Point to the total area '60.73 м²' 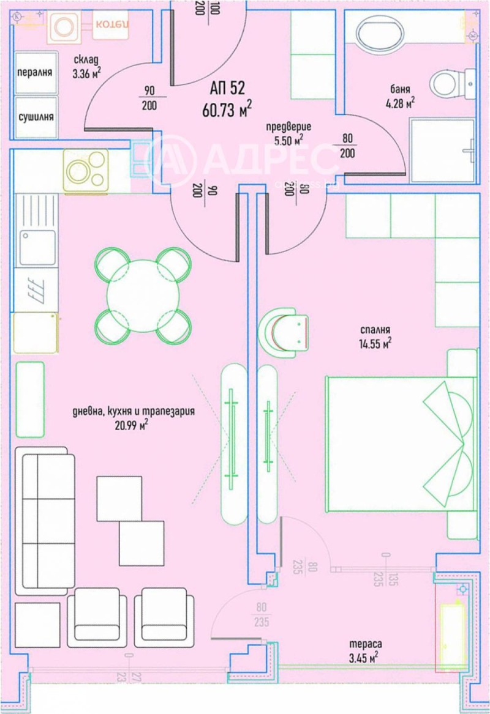pos(227,110)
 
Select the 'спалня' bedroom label pos(375,328)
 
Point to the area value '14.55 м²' pos(375,343)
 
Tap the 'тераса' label pos(366,644)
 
